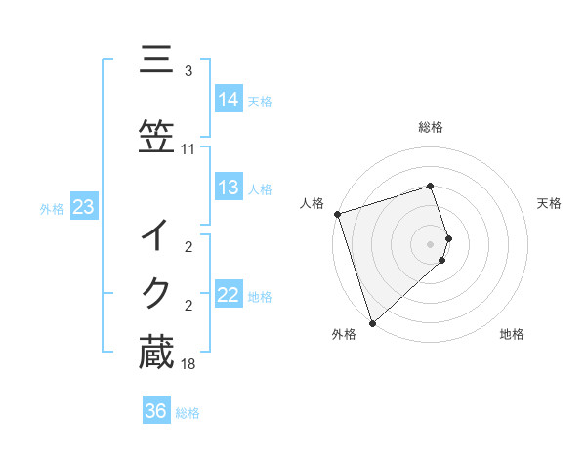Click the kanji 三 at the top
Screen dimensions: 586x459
coord(156,61)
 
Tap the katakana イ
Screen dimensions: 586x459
coord(156,234)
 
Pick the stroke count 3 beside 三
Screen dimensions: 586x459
coord(188,71)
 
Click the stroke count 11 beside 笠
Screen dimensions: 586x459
coord(188,149)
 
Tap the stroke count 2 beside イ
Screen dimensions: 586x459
coord(188,247)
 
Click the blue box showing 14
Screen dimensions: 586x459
coord(229,99)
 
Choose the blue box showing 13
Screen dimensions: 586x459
coord(229,188)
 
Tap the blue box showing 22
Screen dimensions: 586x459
coord(229,295)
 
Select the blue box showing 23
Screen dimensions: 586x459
coord(83,207)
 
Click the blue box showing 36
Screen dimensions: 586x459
coord(156,411)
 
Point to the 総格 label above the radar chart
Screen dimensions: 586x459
coord(431,127)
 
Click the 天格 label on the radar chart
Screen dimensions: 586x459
coord(550,203)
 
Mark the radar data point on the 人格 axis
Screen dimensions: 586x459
coord(337,214)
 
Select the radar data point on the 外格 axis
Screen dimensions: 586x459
coord(372,322)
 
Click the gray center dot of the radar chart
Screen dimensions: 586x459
coord(431,243)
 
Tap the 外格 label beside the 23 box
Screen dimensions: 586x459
coord(52,208)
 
